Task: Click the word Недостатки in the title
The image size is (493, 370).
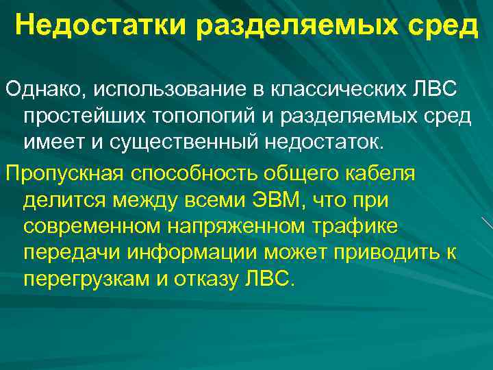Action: [101, 27]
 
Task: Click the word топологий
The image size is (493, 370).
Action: [207, 117]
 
